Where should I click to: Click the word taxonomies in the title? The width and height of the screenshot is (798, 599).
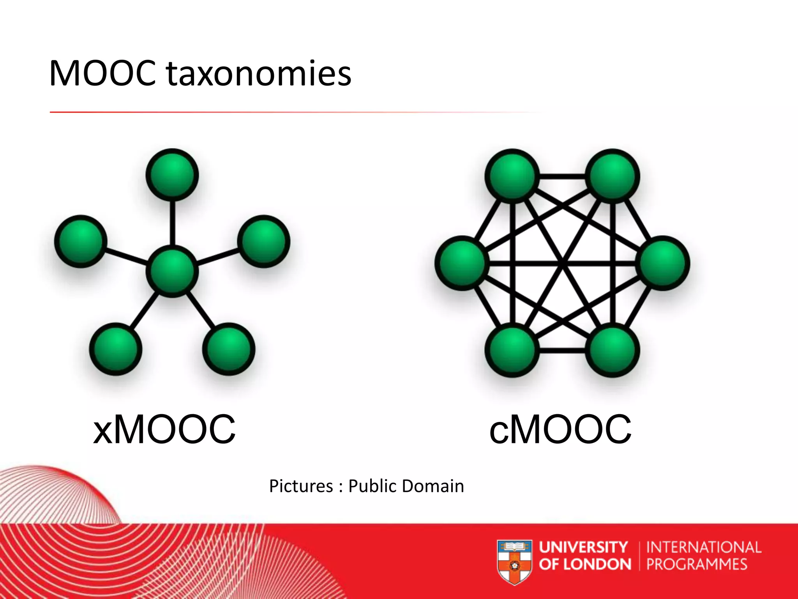click(259, 74)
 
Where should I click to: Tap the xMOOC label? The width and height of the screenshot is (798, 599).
click(164, 429)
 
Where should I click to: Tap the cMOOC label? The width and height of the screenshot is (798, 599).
click(560, 429)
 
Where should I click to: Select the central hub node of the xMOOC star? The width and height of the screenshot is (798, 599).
click(172, 271)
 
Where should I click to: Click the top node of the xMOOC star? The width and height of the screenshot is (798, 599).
click(172, 175)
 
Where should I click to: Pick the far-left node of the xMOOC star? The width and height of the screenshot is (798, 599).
click(81, 241)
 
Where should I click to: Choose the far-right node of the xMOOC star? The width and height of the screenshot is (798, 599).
click(264, 241)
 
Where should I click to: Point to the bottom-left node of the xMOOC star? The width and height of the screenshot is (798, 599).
click(116, 349)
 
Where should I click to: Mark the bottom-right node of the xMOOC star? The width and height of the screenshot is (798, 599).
click(229, 349)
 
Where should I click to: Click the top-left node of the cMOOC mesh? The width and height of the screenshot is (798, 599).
click(512, 176)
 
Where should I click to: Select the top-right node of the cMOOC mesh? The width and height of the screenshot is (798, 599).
click(613, 176)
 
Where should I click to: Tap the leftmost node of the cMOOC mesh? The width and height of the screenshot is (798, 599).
click(462, 263)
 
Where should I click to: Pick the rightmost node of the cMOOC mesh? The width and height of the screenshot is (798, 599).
click(663, 263)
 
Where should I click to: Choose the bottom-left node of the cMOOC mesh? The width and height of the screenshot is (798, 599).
click(512, 351)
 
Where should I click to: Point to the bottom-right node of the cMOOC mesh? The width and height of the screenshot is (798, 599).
click(613, 351)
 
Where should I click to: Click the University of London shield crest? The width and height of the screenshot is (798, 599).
click(515, 562)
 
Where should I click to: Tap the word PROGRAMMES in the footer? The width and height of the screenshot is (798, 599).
click(697, 564)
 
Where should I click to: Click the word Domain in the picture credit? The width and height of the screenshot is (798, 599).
click(433, 486)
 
